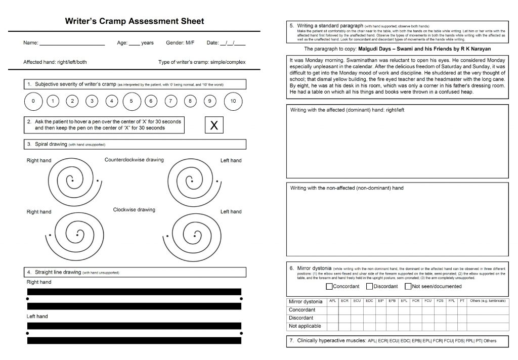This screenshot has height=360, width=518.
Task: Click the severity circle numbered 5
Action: (131, 101)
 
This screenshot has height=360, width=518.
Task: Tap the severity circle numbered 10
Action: (233, 101)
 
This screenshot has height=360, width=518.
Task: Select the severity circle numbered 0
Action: (33, 101)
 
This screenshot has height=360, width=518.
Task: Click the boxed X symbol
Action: (214, 125)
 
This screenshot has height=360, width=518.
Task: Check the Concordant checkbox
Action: (329, 286)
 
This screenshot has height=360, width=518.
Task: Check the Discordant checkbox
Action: (370, 286)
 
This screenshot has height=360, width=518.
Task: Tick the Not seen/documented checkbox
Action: (408, 286)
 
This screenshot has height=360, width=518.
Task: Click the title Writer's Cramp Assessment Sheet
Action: (135, 21)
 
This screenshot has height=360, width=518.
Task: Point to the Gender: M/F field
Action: (180, 43)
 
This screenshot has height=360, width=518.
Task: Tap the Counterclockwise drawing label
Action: (134, 160)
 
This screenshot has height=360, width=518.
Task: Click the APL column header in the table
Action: (332, 301)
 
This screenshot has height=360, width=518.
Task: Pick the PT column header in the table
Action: (462, 301)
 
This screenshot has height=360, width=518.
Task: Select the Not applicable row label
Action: (305, 326)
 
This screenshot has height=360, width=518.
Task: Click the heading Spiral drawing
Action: (51, 144)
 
